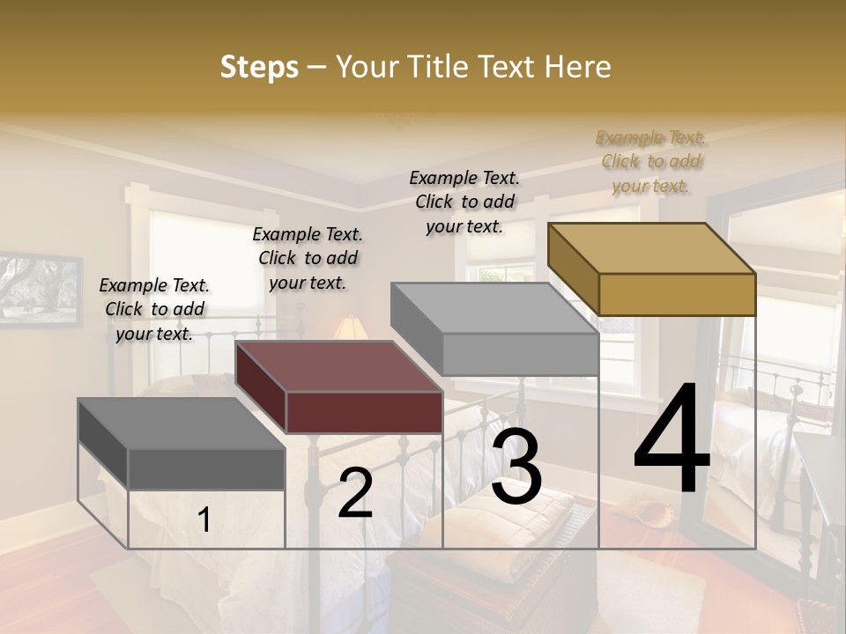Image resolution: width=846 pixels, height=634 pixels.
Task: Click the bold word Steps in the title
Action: [x=259, y=67]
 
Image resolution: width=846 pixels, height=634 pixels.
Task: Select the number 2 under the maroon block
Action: [x=355, y=494]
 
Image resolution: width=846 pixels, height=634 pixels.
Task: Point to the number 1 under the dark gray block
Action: [x=204, y=520]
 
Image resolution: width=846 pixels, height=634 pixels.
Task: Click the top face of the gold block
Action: [x=651, y=247]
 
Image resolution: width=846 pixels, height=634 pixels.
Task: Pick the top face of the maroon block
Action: [x=338, y=365]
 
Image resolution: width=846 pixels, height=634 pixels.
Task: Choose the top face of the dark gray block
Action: [x=181, y=423]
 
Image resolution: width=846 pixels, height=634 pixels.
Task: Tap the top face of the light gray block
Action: [x=493, y=308]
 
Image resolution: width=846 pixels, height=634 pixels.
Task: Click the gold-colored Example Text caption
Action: [x=650, y=161]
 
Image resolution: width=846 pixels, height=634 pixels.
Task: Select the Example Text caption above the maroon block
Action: [x=308, y=258]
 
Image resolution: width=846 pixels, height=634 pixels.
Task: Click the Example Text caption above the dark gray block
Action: [x=154, y=309]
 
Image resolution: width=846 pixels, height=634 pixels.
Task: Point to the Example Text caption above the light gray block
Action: [x=464, y=202]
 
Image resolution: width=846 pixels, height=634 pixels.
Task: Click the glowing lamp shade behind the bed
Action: [x=350, y=328]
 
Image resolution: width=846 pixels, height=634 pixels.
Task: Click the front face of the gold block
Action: [x=677, y=294]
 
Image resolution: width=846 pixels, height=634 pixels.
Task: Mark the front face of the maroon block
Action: [x=364, y=412]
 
